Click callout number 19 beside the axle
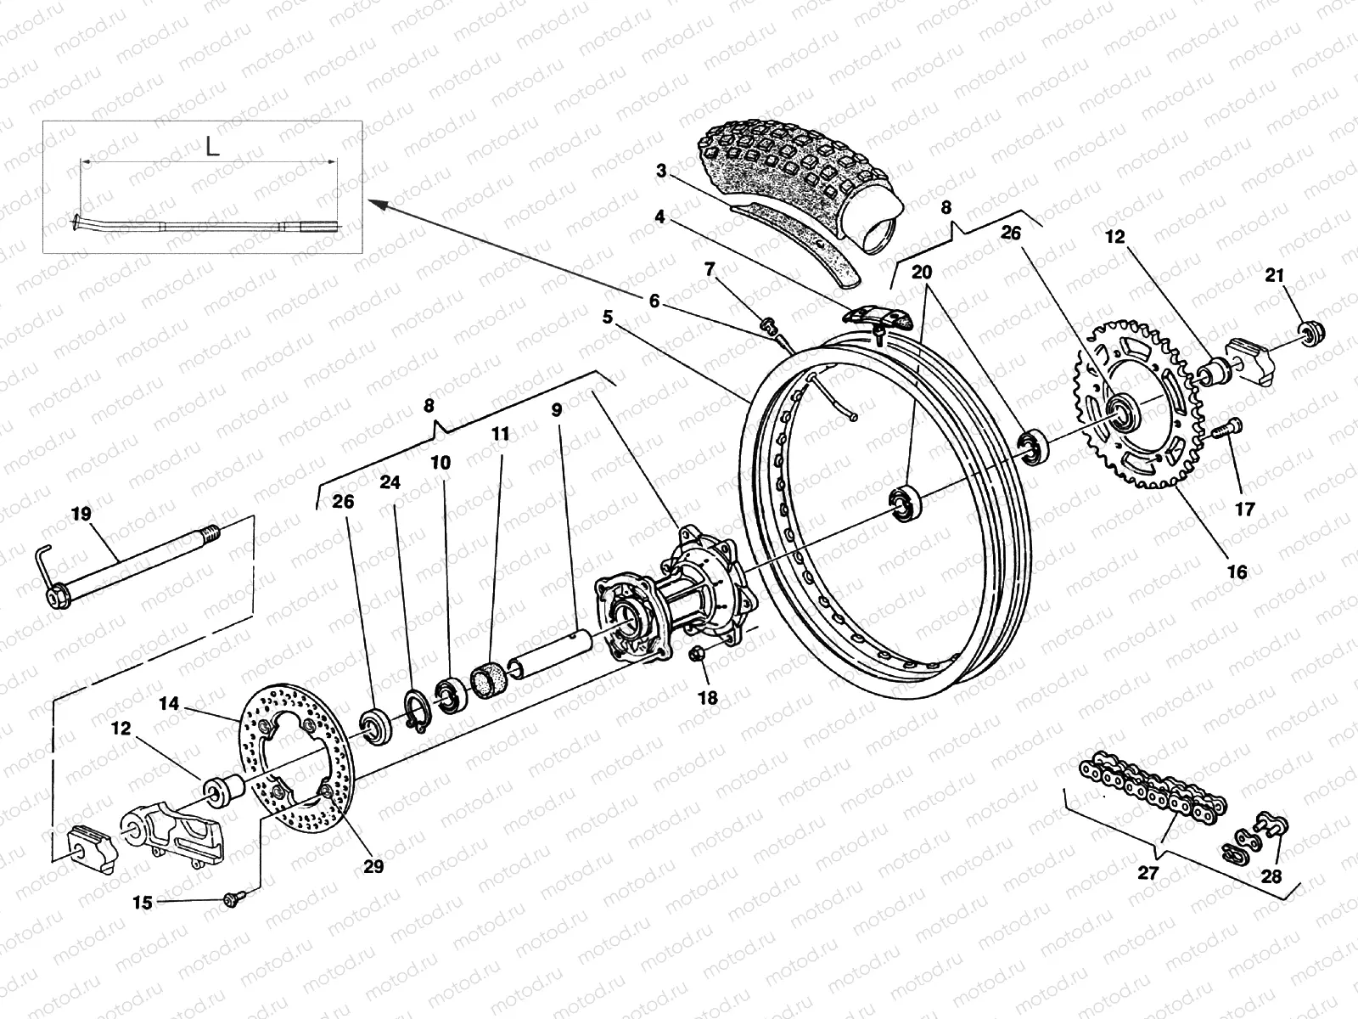coord(81,515)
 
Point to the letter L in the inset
coord(212,146)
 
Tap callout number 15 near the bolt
coord(143,903)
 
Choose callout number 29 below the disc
coord(373,866)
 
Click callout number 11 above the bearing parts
coord(500,434)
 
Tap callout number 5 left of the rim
coord(608,318)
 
